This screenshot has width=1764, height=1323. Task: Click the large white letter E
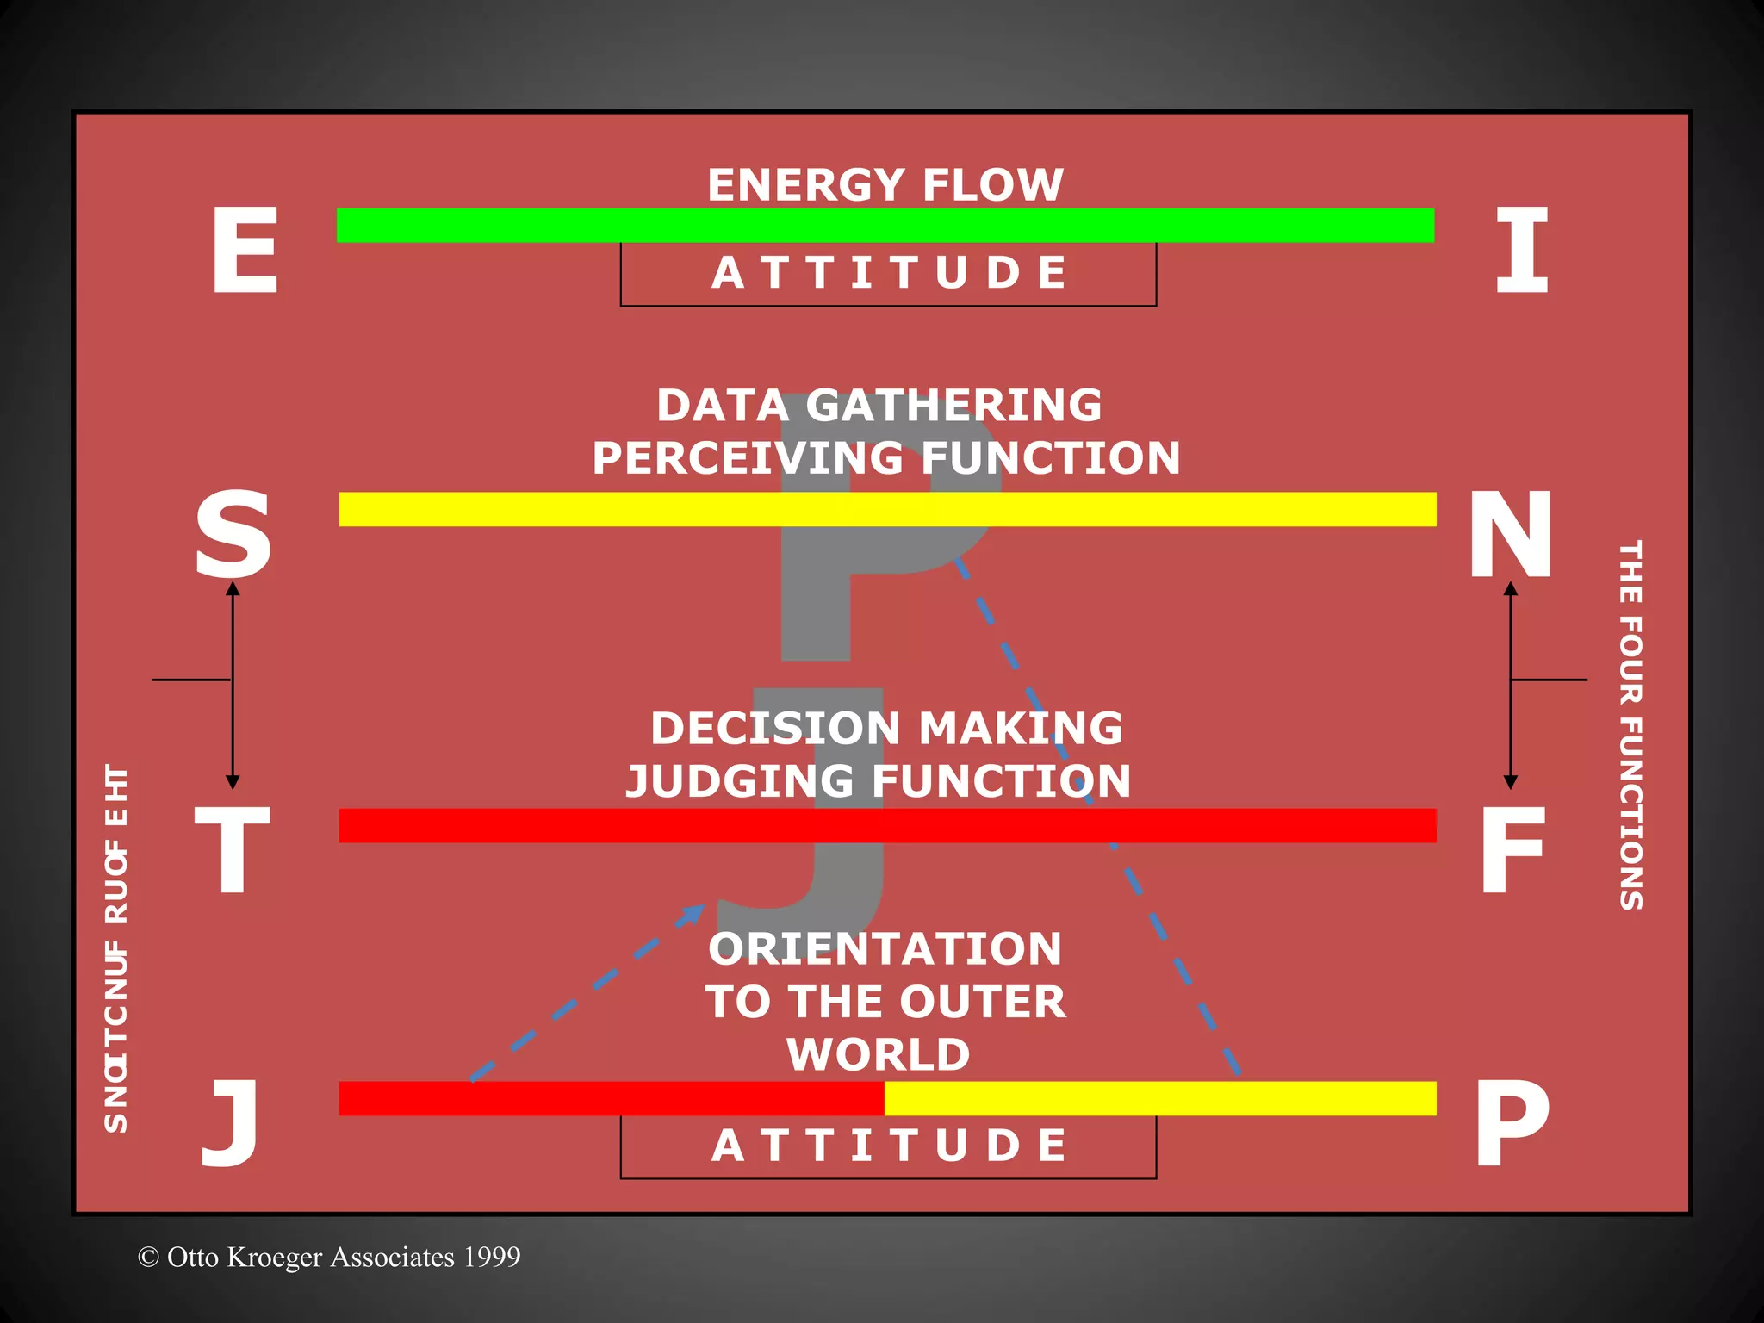[245, 251]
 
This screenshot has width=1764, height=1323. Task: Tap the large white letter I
[1521, 251]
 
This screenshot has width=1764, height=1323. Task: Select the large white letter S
[233, 534]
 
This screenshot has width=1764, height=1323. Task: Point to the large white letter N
[1511, 534]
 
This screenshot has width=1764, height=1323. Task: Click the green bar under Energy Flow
[885, 226]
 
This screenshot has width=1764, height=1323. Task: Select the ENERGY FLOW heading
[885, 184]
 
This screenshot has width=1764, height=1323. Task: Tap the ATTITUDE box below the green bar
[888, 274]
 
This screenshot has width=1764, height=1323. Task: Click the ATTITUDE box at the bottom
[888, 1146]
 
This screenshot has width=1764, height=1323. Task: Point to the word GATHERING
[953, 405]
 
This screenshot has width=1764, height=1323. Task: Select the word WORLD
[878, 1054]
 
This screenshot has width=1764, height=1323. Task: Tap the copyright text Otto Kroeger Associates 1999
[329, 1257]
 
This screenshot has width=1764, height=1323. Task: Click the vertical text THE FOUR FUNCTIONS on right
[1630, 724]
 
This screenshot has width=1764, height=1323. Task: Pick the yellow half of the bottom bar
[1159, 1098]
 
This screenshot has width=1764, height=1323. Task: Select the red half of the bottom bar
[611, 1098]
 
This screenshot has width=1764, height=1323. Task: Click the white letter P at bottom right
[1511, 1124]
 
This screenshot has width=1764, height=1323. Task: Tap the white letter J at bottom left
[230, 1124]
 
